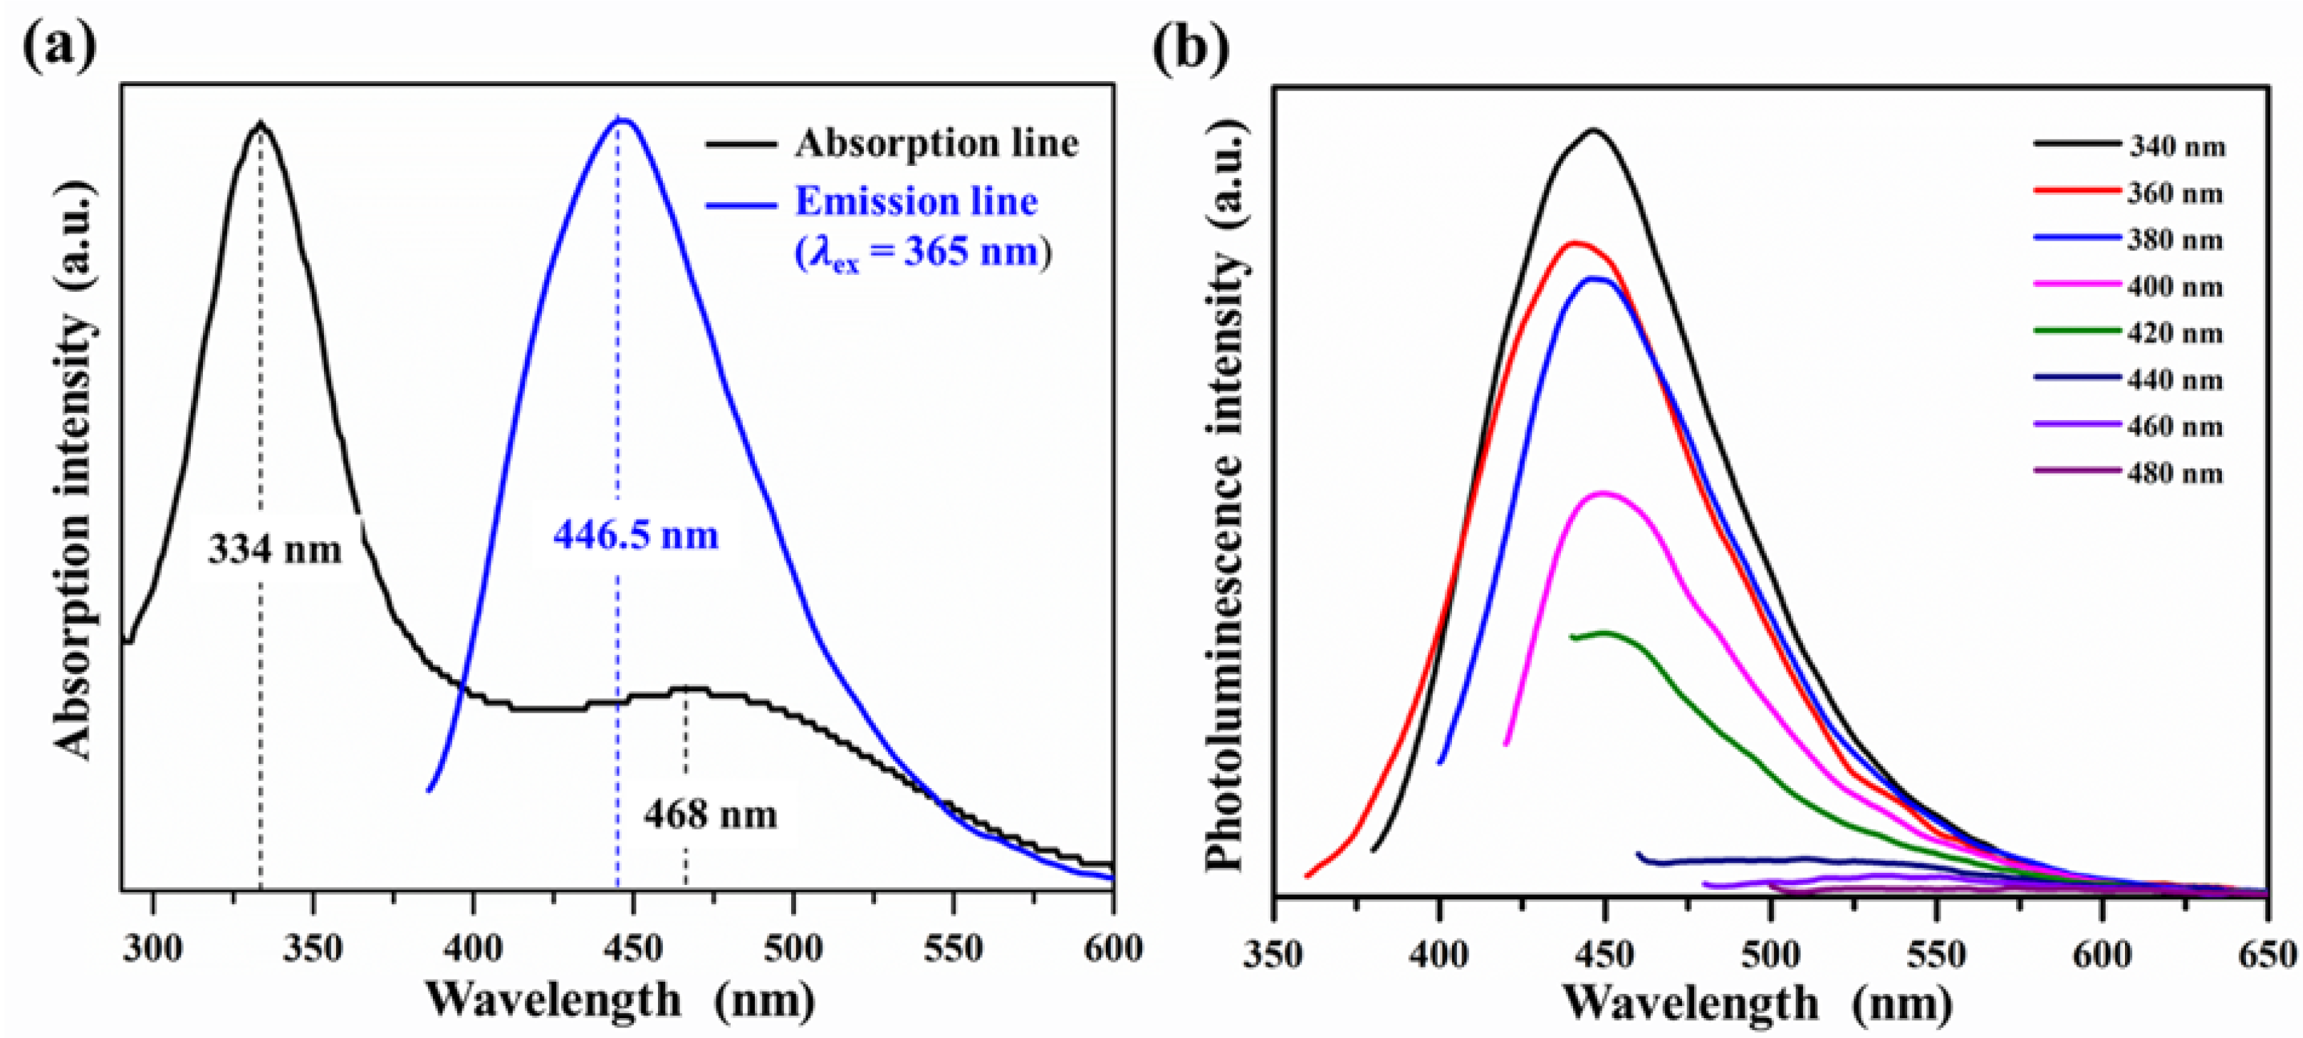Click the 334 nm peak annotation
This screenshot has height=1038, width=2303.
[x=274, y=549]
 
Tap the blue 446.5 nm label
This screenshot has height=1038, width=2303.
[x=636, y=535]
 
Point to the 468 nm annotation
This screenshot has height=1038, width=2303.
[x=710, y=814]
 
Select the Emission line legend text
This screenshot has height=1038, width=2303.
[x=916, y=202]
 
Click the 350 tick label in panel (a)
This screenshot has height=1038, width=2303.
[x=312, y=948]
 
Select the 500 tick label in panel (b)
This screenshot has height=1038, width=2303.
[x=1771, y=955]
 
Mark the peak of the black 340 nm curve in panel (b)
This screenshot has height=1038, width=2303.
[x=1593, y=130]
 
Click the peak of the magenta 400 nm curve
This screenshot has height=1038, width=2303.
[x=1603, y=493]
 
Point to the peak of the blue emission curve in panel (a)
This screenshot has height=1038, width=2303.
[x=622, y=120]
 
